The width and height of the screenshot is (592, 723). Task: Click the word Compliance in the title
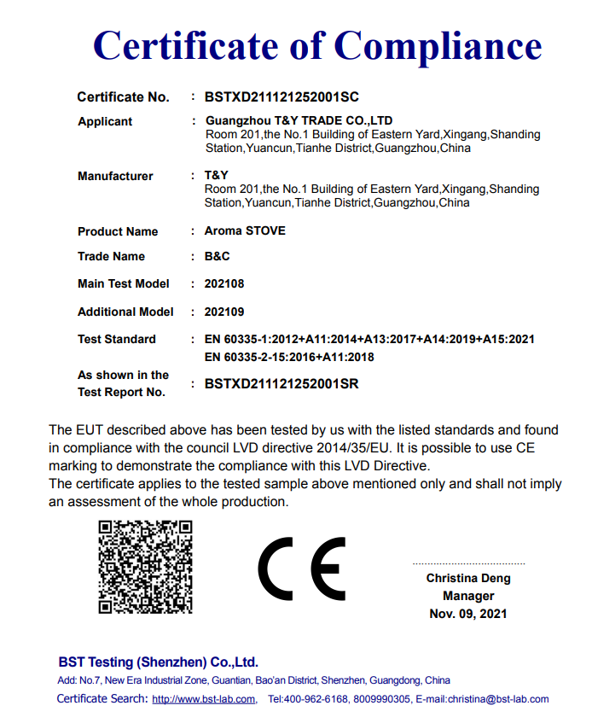pyautogui.click(x=438, y=44)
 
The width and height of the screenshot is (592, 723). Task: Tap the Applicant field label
pyautogui.click(x=105, y=122)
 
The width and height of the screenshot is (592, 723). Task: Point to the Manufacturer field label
pyautogui.click(x=115, y=176)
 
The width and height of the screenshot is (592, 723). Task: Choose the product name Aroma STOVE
pyautogui.click(x=245, y=230)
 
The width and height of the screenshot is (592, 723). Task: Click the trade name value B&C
pyautogui.click(x=217, y=256)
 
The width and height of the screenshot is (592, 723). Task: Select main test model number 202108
pyautogui.click(x=224, y=283)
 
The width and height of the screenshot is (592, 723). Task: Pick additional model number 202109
pyautogui.click(x=224, y=312)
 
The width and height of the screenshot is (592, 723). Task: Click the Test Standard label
pyautogui.click(x=117, y=339)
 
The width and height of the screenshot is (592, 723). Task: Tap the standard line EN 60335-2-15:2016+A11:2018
pyautogui.click(x=290, y=357)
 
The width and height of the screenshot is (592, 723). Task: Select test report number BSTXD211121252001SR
pyautogui.click(x=281, y=384)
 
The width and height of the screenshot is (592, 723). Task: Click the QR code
pyautogui.click(x=145, y=566)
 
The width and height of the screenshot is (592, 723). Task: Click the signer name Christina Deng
pyautogui.click(x=468, y=579)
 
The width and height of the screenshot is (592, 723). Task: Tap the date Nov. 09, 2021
pyautogui.click(x=468, y=614)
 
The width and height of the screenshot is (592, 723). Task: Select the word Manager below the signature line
pyautogui.click(x=468, y=596)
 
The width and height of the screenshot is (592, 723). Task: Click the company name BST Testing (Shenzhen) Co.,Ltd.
pyautogui.click(x=158, y=662)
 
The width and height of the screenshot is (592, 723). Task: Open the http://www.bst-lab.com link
pyautogui.click(x=204, y=700)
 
